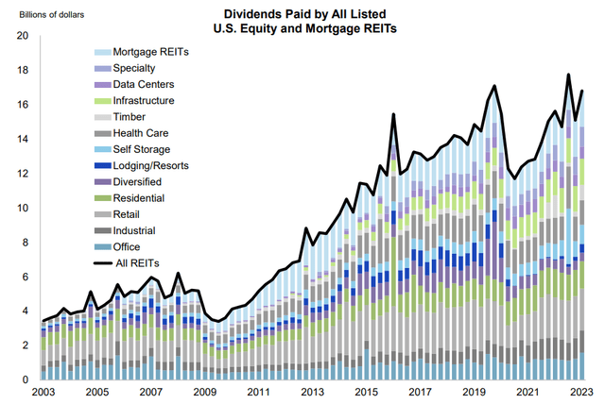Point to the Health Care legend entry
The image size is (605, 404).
140,133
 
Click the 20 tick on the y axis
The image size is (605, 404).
24,36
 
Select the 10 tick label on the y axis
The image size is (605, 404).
24,208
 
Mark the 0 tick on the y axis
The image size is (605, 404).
26,379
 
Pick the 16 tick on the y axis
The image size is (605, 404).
24,105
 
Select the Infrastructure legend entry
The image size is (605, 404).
145,100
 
